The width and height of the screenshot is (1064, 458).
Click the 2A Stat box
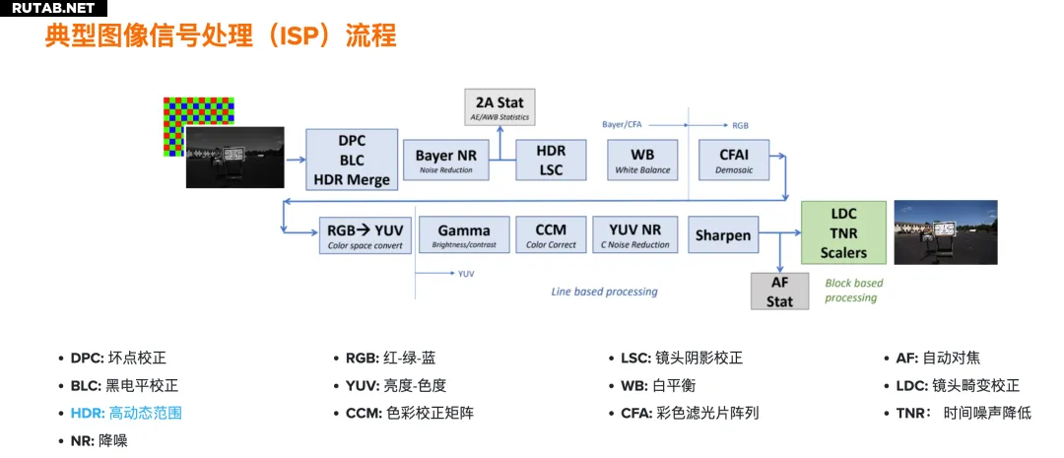coord(499,106)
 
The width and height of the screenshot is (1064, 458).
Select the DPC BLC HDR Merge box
coord(352,160)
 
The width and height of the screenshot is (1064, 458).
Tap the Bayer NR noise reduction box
coord(446,160)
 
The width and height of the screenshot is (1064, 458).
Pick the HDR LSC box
coord(552,160)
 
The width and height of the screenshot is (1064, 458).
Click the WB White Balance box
coord(642,160)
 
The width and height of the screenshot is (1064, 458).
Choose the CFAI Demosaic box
coord(734,160)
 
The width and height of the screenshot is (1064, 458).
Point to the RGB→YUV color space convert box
coord(365,235)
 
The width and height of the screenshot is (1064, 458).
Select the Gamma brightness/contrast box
coord(463,235)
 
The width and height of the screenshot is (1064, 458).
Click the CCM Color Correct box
coord(551,235)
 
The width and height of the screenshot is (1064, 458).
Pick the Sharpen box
coord(722,235)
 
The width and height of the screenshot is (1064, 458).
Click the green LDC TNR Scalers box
coord(843,233)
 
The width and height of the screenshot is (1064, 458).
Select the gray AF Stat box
coord(779,292)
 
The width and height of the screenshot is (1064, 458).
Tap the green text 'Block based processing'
coord(853,291)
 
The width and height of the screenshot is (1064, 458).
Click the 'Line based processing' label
coord(604,292)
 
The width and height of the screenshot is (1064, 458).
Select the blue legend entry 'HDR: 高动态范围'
coord(125,413)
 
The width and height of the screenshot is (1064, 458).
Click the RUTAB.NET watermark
coord(53,8)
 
